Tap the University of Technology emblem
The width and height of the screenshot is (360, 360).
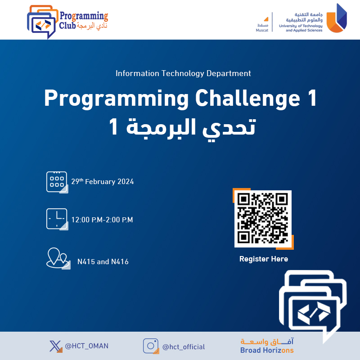click(337, 18)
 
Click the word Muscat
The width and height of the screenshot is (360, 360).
click(262, 30)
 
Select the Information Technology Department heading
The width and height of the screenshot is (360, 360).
click(183, 73)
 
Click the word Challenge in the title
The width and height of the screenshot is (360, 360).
click(248, 98)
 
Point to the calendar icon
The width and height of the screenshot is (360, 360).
click(57, 182)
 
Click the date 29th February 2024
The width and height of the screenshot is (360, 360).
click(103, 182)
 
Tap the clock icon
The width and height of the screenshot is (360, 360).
click(57, 219)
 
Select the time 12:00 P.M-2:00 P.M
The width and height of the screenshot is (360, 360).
click(102, 220)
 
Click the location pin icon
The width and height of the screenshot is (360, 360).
click(58, 258)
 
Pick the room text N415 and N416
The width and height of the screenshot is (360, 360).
click(103, 262)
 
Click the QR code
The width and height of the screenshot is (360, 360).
click(263, 219)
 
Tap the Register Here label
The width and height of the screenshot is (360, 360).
click(264, 259)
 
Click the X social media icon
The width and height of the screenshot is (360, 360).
click(56, 346)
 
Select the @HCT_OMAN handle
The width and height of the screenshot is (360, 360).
click(87, 346)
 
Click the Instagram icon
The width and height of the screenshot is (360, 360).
click(151, 346)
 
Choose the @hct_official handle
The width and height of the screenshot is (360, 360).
click(184, 346)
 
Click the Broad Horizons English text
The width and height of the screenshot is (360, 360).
click(267, 351)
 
